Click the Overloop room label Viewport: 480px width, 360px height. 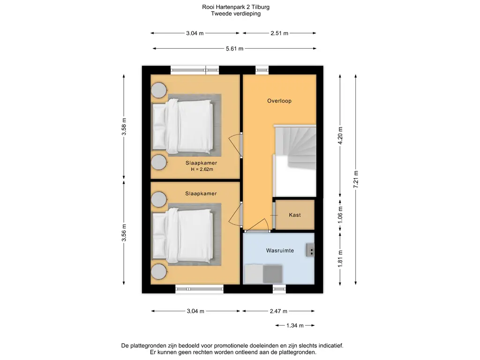click(279, 101)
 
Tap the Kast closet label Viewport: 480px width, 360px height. click(295, 215)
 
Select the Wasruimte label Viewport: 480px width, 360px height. click(280, 251)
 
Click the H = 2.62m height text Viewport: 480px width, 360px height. click(202, 169)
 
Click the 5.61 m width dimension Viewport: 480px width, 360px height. click(234, 48)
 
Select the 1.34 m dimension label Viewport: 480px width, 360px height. click(295, 325)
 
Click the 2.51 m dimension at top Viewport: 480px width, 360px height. click(279, 33)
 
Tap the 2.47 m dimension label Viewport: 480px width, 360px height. click(278, 311)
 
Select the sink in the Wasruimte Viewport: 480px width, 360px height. click(310, 250)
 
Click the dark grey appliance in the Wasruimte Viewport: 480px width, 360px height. click(272, 274)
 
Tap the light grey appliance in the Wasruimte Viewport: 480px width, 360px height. click(254, 274)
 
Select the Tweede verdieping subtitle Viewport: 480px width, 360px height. click(236, 14)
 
